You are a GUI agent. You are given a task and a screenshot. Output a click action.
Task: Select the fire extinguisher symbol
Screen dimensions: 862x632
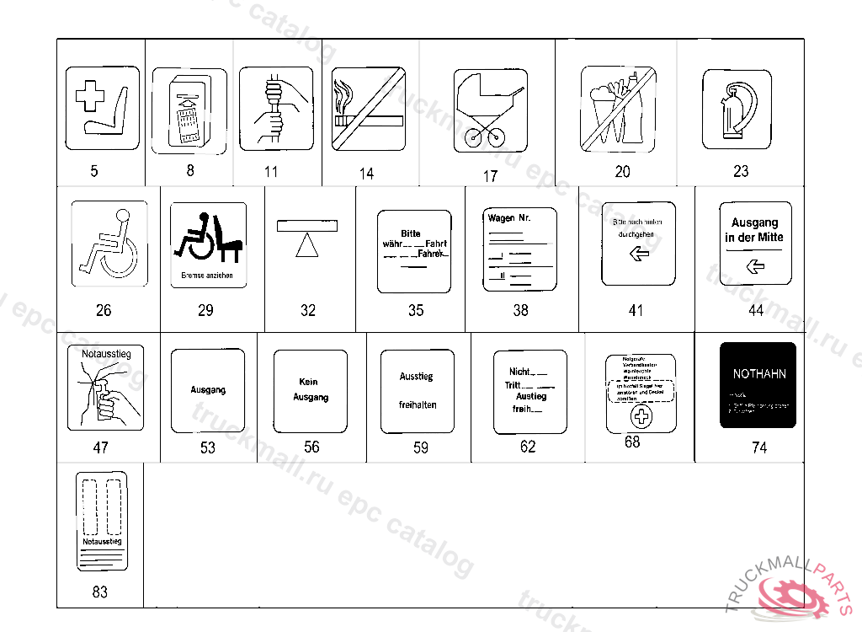point(736,109)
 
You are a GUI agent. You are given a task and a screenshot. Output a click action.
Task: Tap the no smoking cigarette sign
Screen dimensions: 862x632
point(368,108)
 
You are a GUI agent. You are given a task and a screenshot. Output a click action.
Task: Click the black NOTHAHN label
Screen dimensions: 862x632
point(758,385)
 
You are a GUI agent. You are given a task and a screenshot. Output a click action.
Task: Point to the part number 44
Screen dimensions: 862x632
point(756,310)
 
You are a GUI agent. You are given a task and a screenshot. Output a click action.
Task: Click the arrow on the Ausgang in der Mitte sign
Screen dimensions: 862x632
point(755,266)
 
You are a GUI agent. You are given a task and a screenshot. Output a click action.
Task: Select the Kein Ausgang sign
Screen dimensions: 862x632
point(311,390)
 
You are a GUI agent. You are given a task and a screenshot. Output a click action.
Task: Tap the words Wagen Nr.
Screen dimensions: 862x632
point(509,218)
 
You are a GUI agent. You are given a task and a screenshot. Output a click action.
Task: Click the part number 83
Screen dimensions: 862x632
point(100,592)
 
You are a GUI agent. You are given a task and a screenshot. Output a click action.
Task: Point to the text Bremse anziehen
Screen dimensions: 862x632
point(207,275)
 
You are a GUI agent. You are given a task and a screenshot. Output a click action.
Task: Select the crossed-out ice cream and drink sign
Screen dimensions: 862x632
point(618,109)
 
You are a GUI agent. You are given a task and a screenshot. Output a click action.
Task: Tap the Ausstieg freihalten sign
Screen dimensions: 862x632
point(418,391)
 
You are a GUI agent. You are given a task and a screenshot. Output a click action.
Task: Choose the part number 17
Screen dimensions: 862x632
point(490,176)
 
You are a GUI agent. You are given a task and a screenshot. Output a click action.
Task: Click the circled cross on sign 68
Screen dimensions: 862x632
point(641,416)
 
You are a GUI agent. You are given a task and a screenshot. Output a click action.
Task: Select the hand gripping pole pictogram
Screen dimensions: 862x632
point(275,109)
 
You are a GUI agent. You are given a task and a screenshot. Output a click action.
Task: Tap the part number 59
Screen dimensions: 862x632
point(421,447)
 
